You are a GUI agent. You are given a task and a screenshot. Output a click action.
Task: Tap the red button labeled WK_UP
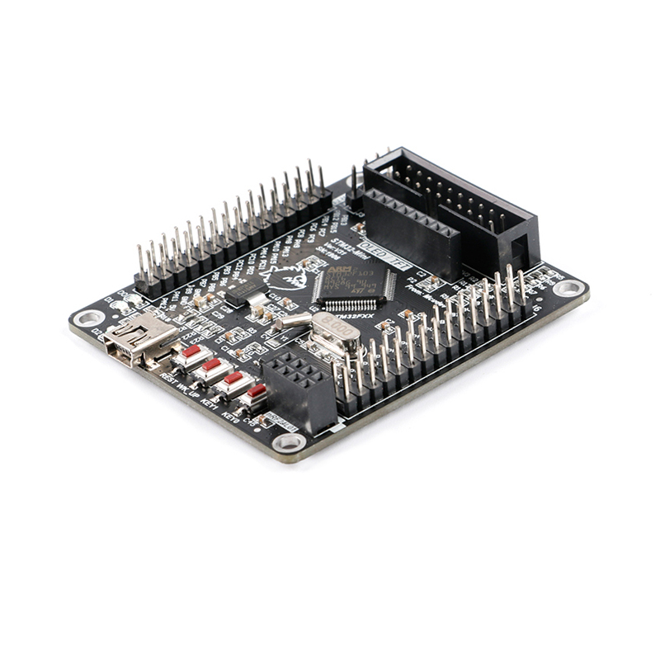click(x=213, y=365)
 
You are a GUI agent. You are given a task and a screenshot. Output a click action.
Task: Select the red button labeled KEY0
click(x=257, y=391)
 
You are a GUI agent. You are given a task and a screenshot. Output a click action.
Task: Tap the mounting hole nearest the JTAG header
click(x=568, y=288)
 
